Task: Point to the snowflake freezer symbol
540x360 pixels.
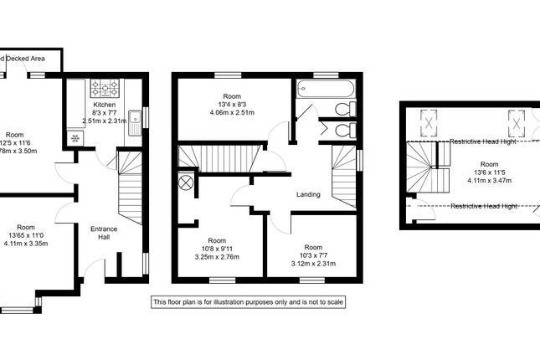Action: point(75,138)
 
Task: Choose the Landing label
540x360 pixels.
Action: point(309,195)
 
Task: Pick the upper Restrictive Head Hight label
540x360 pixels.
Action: point(483,141)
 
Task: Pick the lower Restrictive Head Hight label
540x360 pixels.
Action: point(483,205)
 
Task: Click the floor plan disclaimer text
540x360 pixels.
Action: point(248,301)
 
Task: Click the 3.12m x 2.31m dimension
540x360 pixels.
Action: point(313,263)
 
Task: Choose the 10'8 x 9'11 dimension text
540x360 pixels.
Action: point(218,249)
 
